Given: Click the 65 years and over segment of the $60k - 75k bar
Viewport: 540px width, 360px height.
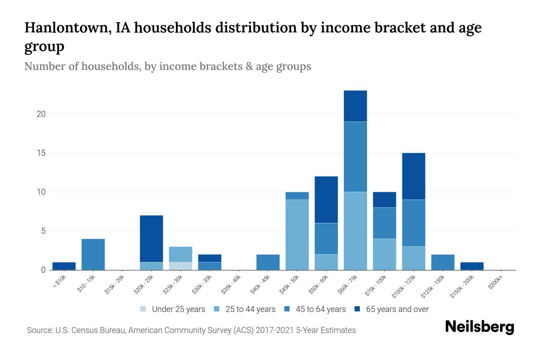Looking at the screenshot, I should point(355,106).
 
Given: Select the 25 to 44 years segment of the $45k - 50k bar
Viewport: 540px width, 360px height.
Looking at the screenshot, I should point(297,235).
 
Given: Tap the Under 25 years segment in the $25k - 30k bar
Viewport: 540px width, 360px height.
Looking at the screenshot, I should point(181,266).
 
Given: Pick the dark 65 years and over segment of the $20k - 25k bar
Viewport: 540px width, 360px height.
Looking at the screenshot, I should point(151,238).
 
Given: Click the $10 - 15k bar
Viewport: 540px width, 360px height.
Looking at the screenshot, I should point(93,254).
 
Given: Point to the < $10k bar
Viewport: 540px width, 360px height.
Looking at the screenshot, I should point(64,266).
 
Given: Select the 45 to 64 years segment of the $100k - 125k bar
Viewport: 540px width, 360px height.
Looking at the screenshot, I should point(413,223).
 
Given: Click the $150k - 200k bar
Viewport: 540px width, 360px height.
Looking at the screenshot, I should point(472,266).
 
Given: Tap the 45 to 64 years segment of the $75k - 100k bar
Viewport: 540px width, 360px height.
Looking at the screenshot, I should point(384,223).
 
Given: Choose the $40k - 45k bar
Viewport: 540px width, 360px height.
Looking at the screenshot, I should point(268,262).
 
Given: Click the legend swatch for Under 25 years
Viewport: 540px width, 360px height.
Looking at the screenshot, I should point(143,309).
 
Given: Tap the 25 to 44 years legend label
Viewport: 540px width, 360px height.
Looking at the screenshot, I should point(250,309).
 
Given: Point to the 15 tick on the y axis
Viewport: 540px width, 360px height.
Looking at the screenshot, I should point(41,153).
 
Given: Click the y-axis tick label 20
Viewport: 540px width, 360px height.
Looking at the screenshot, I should point(41,114).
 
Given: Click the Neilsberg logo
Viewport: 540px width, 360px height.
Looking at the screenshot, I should point(479,327).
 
